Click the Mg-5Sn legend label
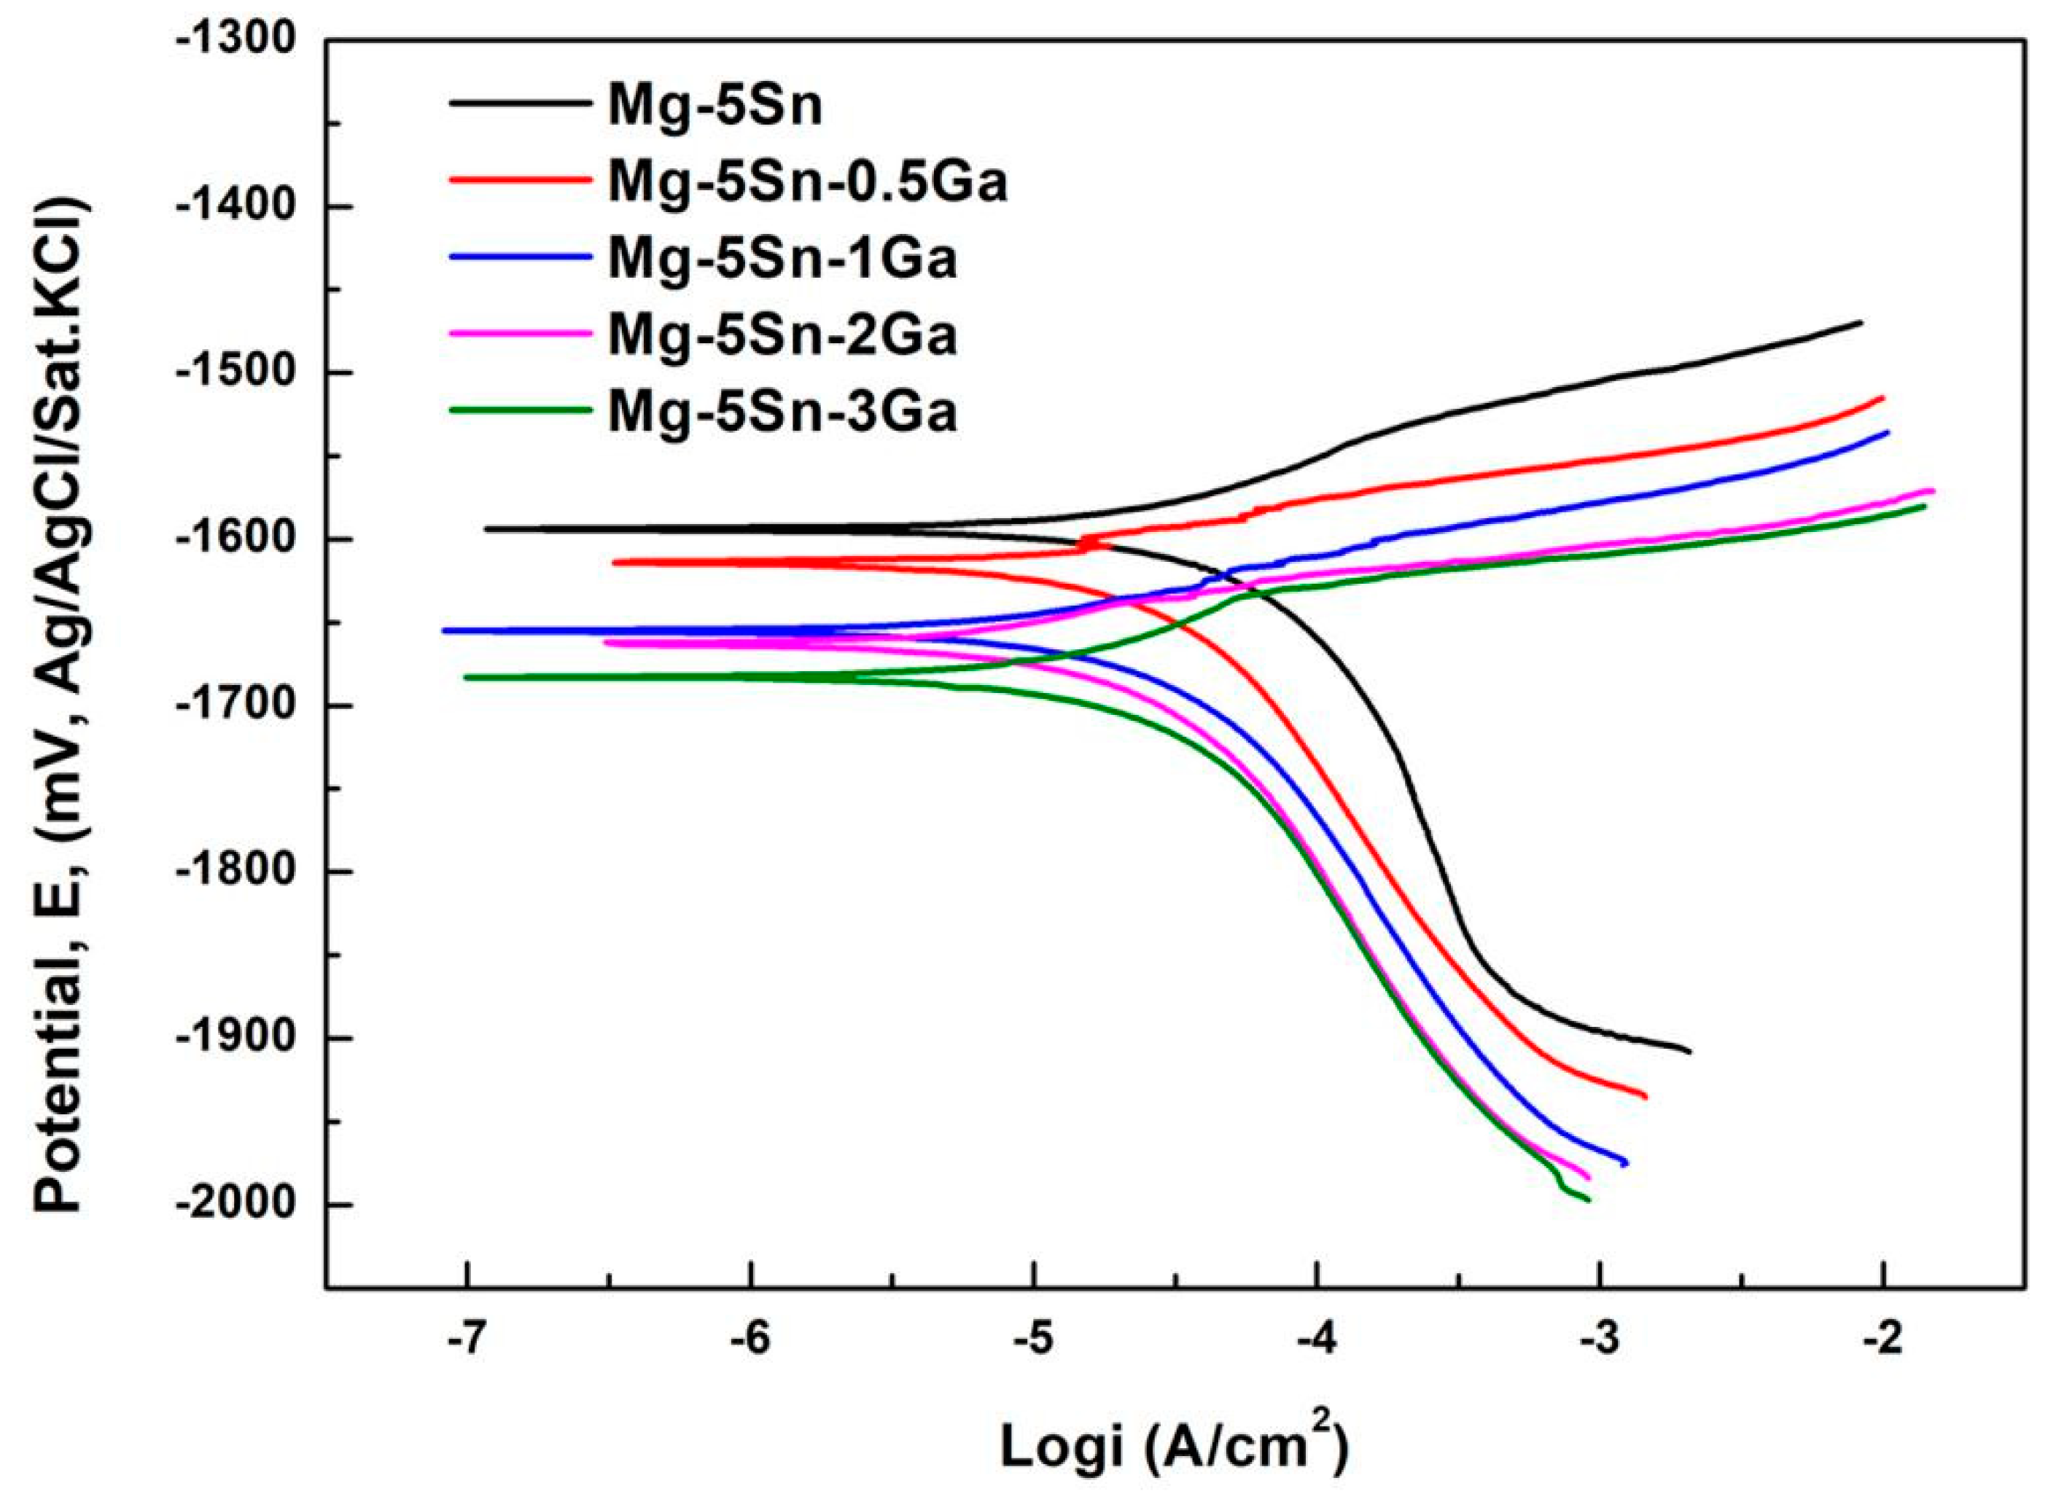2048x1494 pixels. coord(715,106)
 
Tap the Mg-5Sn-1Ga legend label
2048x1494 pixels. coord(782,260)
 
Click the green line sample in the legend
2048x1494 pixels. coord(518,410)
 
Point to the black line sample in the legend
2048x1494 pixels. coord(518,103)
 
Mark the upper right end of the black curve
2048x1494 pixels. coord(1861,322)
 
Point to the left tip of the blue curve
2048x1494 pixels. coord(443,630)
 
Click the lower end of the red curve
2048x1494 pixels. coord(1645,1122)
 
